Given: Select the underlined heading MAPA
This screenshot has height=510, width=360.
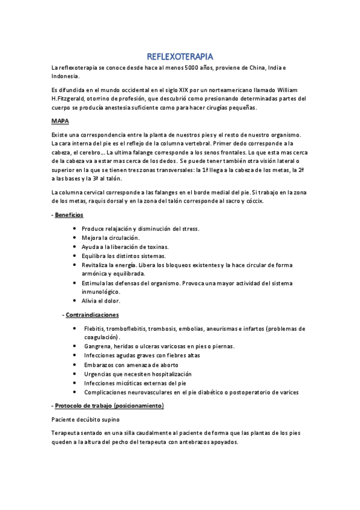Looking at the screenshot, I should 60,121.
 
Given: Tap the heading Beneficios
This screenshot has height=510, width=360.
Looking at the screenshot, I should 69,215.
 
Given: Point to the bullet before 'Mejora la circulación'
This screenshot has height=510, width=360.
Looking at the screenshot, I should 74,238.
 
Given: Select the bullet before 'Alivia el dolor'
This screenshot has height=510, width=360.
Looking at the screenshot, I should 74,301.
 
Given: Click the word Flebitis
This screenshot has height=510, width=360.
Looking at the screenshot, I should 96,328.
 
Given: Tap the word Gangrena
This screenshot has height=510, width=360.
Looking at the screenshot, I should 99,346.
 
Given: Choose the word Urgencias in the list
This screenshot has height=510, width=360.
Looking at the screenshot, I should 99,373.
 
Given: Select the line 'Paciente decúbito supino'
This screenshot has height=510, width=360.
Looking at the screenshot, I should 85,419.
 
